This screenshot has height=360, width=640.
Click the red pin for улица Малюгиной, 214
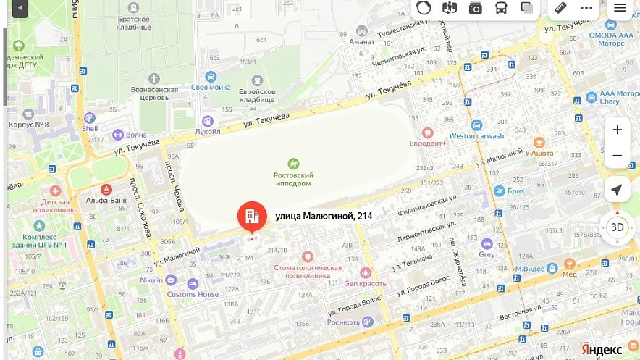(x=252, y=216)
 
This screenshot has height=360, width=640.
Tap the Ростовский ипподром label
(x=293, y=179)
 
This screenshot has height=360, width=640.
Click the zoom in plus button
(x=617, y=130)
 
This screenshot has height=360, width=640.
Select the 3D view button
(x=617, y=227)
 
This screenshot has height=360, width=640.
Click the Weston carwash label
(x=476, y=136)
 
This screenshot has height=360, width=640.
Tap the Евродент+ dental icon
(x=427, y=133)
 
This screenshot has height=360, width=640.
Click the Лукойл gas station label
(x=208, y=132)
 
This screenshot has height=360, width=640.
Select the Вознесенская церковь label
(x=153, y=93)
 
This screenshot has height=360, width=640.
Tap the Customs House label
(x=193, y=294)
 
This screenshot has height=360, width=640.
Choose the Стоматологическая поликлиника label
(x=308, y=272)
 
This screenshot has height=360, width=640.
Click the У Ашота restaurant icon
(x=539, y=143)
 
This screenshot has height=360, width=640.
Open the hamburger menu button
(x=620, y=8)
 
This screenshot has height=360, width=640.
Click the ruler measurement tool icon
(x=560, y=8)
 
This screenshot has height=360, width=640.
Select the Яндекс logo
(x=601, y=349)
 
